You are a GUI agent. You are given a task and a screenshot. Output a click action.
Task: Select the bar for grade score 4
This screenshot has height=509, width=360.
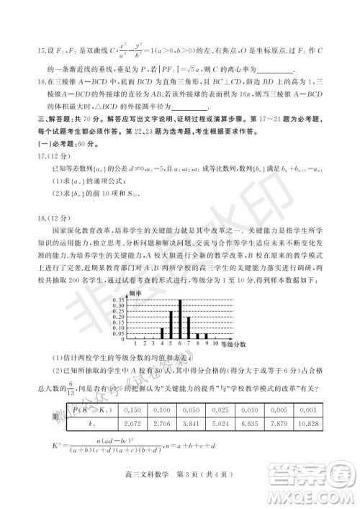pyautogui.click(x=163, y=333)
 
